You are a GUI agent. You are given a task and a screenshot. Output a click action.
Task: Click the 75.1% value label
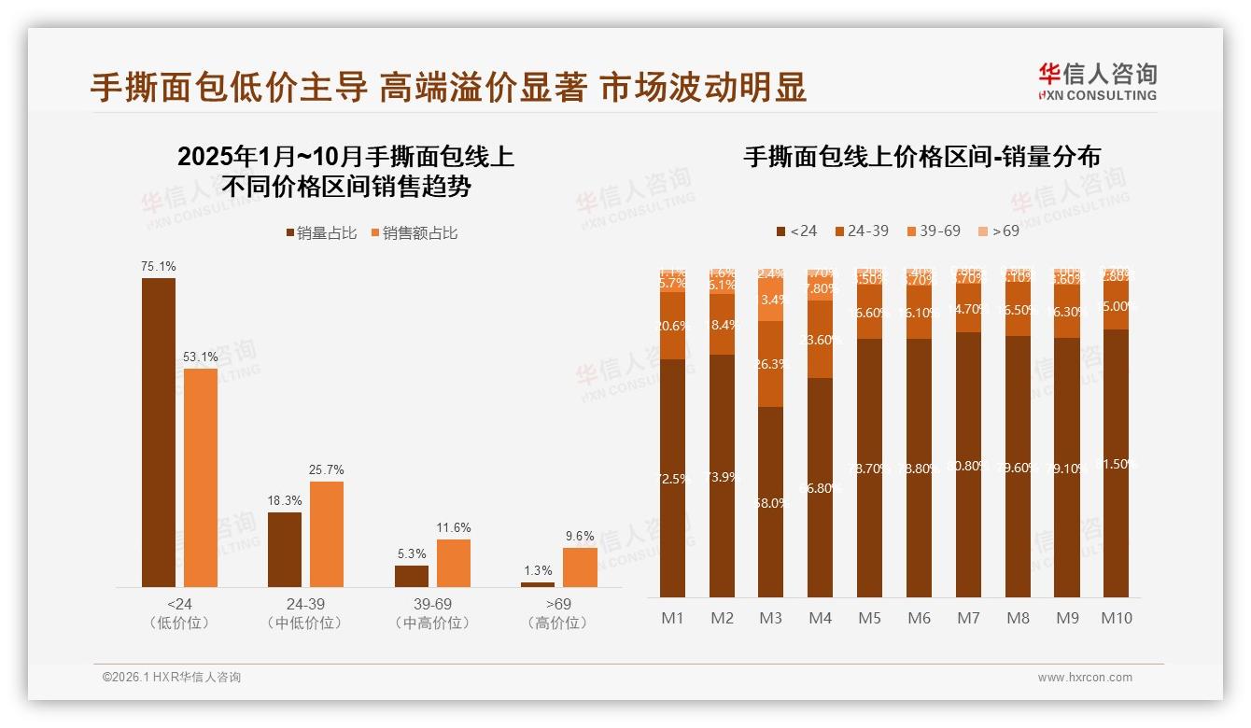click(x=159, y=267)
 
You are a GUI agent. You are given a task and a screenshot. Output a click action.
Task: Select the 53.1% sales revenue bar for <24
click(x=201, y=477)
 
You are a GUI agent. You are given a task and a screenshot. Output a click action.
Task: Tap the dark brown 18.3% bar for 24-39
click(x=285, y=549)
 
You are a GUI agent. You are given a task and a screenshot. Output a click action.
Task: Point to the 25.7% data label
click(x=327, y=469)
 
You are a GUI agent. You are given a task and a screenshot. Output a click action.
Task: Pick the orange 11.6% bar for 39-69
click(x=454, y=563)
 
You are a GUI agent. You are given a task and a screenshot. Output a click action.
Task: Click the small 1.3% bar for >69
click(x=538, y=584)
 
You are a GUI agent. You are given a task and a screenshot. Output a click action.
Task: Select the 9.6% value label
click(x=580, y=537)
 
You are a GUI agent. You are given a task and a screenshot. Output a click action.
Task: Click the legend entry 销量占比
click(x=321, y=233)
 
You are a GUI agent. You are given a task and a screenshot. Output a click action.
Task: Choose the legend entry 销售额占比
click(x=415, y=233)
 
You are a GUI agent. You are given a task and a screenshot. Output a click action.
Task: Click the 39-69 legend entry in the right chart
click(x=931, y=231)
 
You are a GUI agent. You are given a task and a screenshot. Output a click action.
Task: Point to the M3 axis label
click(x=770, y=618)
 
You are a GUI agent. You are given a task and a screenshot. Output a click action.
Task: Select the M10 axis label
click(x=1116, y=618)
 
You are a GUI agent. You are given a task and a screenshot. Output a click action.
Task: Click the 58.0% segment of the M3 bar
click(x=771, y=502)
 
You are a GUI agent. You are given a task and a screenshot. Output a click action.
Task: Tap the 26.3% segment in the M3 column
click(x=771, y=364)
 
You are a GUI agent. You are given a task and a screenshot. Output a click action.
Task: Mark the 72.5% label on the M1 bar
click(x=672, y=479)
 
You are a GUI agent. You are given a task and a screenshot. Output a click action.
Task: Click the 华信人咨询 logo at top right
click(x=1097, y=81)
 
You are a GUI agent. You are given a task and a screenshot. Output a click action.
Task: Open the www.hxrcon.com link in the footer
click(x=1085, y=678)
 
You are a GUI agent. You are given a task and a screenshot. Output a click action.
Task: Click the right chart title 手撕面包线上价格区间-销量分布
click(x=921, y=157)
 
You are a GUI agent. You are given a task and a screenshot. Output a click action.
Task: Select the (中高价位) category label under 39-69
click(x=432, y=623)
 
